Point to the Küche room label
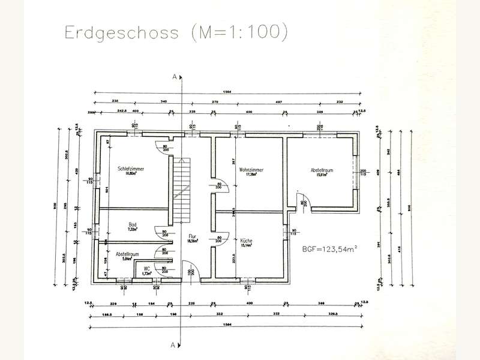coord(246,241)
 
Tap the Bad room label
coord(131,225)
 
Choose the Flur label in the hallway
coord(193,236)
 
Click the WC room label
coord(146,269)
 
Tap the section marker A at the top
coord(173,77)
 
